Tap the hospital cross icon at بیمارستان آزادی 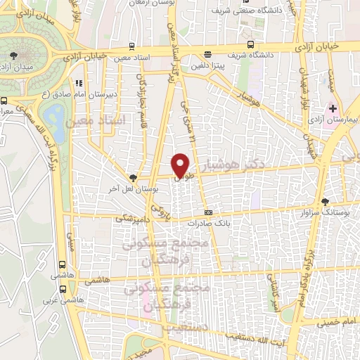333,109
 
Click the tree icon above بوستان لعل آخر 134,178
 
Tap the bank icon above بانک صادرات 208,212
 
